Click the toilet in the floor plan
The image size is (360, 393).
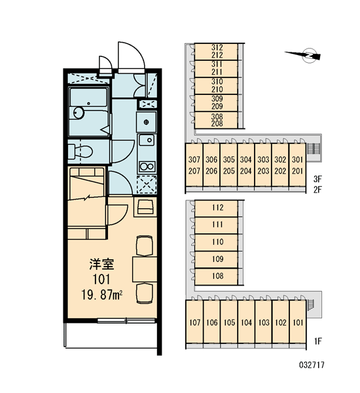click(x=80, y=151)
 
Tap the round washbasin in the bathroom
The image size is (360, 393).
click(x=79, y=113)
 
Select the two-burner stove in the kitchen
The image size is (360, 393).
click(x=147, y=166)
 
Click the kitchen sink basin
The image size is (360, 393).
click(x=147, y=140)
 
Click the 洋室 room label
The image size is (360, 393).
click(x=101, y=265)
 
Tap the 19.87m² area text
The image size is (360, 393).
click(x=101, y=295)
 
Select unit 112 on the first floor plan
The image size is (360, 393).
click(x=216, y=208)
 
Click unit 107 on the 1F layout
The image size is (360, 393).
click(x=194, y=322)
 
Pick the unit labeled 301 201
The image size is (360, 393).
click(x=297, y=165)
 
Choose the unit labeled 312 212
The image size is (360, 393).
click(x=216, y=51)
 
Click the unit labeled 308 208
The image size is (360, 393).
click(x=216, y=120)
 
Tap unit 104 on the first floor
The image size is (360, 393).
click(x=246, y=322)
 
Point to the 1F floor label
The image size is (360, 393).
click(x=317, y=341)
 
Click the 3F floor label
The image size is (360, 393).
click(x=317, y=179)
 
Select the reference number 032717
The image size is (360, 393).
click(x=312, y=365)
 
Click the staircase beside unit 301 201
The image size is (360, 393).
click(x=312, y=149)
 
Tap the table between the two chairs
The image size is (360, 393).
click(x=145, y=269)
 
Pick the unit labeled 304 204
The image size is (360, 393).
click(x=245, y=165)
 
